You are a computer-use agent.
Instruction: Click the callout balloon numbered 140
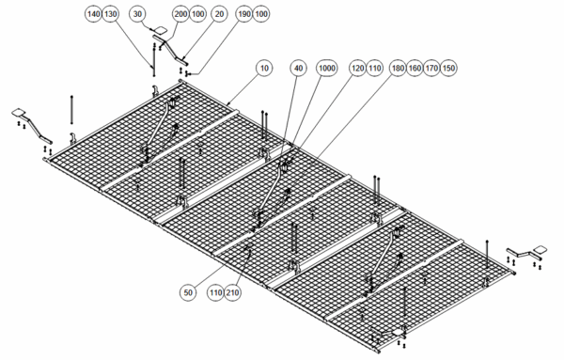(x=93, y=14)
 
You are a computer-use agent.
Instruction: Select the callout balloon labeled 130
(x=111, y=14)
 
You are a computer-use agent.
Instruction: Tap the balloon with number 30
(x=137, y=14)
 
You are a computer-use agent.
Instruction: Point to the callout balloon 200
(x=180, y=14)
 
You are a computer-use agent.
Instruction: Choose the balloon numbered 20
(x=219, y=14)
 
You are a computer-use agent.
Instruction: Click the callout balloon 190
(x=243, y=14)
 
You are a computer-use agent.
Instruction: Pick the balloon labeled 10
(x=264, y=68)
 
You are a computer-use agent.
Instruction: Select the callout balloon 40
(x=299, y=68)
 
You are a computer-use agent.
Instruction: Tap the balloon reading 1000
(x=326, y=68)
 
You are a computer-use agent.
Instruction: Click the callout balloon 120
(x=357, y=68)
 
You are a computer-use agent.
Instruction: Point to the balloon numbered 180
(x=398, y=68)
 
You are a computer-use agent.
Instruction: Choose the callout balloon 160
(x=415, y=68)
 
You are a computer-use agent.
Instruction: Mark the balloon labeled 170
(x=431, y=68)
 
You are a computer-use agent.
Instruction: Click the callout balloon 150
(x=448, y=68)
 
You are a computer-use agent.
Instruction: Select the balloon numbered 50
(x=188, y=292)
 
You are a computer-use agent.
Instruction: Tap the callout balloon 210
(x=233, y=292)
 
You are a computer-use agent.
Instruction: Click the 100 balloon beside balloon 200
(x=197, y=14)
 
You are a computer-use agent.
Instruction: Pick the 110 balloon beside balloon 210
(x=215, y=292)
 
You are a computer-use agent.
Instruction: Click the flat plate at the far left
(x=19, y=113)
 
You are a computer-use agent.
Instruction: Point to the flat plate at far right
(x=540, y=249)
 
